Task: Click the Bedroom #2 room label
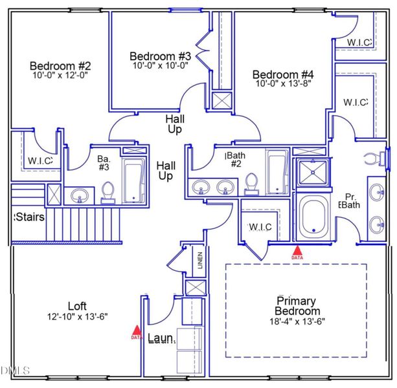coord(60,66)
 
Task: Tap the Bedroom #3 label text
coord(160,56)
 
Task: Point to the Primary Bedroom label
coord(296,305)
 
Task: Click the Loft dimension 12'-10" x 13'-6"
coord(77,316)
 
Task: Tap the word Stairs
coord(29,216)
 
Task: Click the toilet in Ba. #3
coord(108,192)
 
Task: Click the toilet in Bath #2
coord(252,184)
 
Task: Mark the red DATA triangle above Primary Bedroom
coord(297,252)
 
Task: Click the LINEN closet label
coord(201,261)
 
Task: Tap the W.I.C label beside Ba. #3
coord(40,160)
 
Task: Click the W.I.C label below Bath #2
coord(260,226)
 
